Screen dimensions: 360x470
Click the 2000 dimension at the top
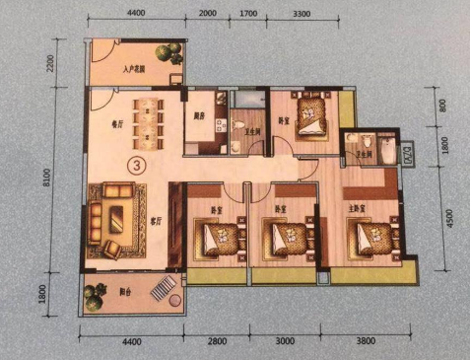(207, 15)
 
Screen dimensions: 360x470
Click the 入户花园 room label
(135, 71)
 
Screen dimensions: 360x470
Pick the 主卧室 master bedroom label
(357, 209)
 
